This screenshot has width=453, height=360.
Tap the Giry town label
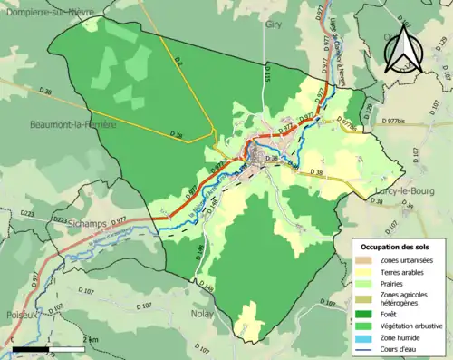click(x=275, y=25)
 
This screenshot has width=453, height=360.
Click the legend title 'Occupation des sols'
click(x=394, y=248)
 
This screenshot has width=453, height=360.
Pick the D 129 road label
click(x=367, y=109)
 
